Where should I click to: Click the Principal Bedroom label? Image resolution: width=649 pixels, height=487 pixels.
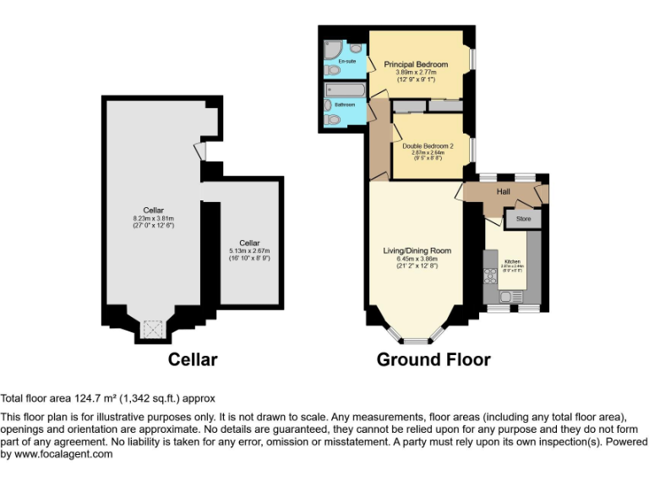pyautogui.click(x=415, y=64)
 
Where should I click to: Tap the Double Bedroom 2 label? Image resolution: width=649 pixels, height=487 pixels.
pyautogui.click(x=428, y=146)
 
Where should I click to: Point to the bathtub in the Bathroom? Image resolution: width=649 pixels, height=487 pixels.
pyautogui.click(x=344, y=90)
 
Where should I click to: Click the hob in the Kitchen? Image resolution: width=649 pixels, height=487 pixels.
pyautogui.click(x=488, y=275)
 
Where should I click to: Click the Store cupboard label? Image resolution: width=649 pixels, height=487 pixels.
pyautogui.click(x=523, y=220)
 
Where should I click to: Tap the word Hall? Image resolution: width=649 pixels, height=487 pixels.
pyautogui.click(x=504, y=192)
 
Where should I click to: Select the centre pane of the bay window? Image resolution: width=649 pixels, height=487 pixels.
pyautogui.click(x=415, y=341)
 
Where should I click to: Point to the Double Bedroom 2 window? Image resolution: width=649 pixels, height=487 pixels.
pyautogui.click(x=472, y=150)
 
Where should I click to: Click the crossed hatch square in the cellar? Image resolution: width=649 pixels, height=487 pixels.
pyautogui.click(x=153, y=328)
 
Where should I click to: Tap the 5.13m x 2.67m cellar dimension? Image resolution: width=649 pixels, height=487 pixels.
pyautogui.click(x=249, y=251)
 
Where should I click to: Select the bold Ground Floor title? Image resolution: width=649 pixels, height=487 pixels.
pyautogui.click(x=434, y=359)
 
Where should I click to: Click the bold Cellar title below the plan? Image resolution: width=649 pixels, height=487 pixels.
pyautogui.click(x=193, y=359)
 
